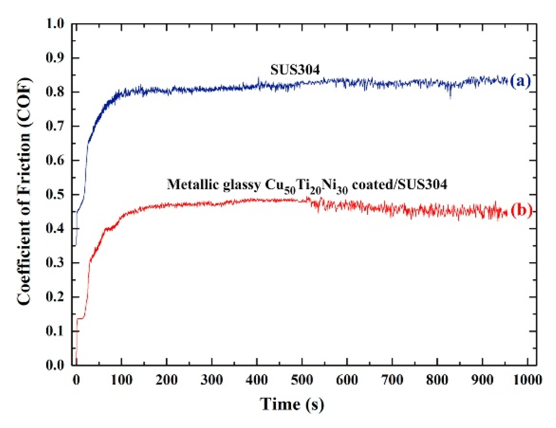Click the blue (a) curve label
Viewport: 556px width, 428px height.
pyautogui.click(x=520, y=81)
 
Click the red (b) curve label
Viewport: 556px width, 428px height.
pyautogui.click(x=521, y=211)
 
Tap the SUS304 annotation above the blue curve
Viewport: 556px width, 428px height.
pyautogui.click(x=295, y=70)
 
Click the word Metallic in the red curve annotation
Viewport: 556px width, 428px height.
pyautogui.click(x=193, y=184)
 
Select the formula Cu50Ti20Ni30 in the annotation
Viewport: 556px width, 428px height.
pyautogui.click(x=306, y=186)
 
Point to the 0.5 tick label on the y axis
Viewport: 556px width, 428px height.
pyautogui.click(x=55, y=195)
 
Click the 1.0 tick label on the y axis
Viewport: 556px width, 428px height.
pyautogui.click(x=55, y=24)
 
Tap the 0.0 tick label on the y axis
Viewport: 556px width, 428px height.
pyautogui.click(x=55, y=365)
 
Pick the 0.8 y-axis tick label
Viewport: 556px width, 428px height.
pyautogui.click(x=55, y=92)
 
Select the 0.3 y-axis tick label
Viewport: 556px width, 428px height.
pyautogui.click(x=55, y=263)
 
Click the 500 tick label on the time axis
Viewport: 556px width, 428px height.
pyautogui.click(x=302, y=380)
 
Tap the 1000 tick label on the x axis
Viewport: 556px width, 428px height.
pyautogui.click(x=527, y=380)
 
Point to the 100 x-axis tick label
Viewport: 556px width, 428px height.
pyautogui.click(x=122, y=380)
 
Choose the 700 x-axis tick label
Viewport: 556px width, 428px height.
pyautogui.click(x=392, y=380)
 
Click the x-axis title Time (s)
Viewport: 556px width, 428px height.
pyautogui.click(x=292, y=404)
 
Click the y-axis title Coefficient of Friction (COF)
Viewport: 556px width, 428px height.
pyautogui.click(x=24, y=191)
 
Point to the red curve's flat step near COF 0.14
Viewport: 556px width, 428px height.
pyautogui.click(x=80, y=318)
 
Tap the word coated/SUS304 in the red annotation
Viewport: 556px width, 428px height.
pyautogui.click(x=399, y=184)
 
